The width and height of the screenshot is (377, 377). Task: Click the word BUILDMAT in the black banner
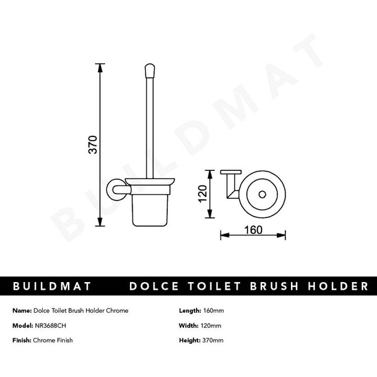(x=53, y=287)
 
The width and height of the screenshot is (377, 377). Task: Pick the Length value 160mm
(x=214, y=311)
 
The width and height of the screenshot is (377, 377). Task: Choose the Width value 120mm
(x=212, y=325)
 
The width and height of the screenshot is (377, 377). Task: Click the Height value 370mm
(x=214, y=340)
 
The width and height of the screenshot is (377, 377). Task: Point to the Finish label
(x=22, y=340)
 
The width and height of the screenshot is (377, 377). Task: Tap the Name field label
(x=22, y=311)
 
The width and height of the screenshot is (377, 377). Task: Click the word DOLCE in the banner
(x=151, y=287)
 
